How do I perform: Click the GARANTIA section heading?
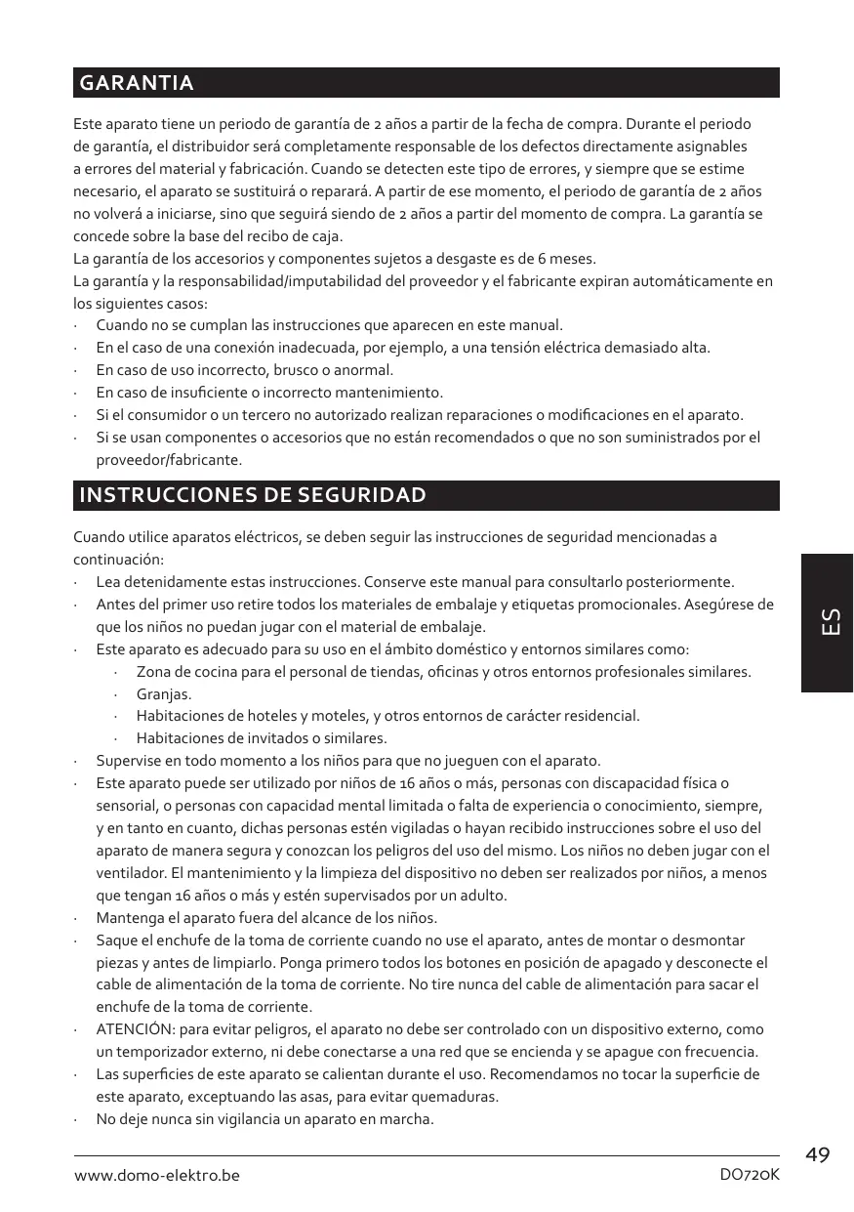[x=136, y=84]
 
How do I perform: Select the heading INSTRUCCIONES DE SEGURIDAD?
[x=252, y=495]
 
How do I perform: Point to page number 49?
[x=818, y=1155]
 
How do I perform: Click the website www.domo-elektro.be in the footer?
[x=157, y=1175]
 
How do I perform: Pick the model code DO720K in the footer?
[x=749, y=1175]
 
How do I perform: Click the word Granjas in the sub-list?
[x=163, y=694]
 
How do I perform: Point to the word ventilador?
[x=133, y=873]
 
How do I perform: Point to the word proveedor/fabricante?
[x=168, y=459]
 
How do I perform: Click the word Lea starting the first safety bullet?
[x=107, y=581]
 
